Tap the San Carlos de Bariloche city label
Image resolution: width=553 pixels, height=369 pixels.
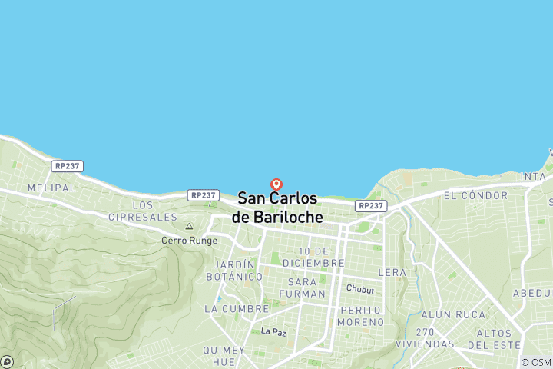(x=277, y=208)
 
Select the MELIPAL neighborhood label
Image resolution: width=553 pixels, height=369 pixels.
(x=51, y=188)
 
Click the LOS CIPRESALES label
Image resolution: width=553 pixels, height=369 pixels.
(x=154, y=211)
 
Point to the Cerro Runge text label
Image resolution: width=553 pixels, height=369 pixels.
(x=184, y=240)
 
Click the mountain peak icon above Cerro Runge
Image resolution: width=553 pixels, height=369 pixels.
(x=189, y=227)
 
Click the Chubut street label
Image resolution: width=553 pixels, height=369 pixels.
(x=359, y=289)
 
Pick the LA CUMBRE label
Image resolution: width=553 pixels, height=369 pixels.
(x=237, y=308)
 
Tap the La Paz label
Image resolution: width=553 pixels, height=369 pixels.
(x=273, y=331)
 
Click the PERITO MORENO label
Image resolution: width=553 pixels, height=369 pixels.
(x=360, y=315)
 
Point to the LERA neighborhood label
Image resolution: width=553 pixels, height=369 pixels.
(x=392, y=272)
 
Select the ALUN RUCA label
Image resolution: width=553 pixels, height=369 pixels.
(x=453, y=314)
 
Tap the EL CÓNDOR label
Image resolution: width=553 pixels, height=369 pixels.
(x=475, y=196)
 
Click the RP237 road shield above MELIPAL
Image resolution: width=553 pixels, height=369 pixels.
(x=68, y=166)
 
